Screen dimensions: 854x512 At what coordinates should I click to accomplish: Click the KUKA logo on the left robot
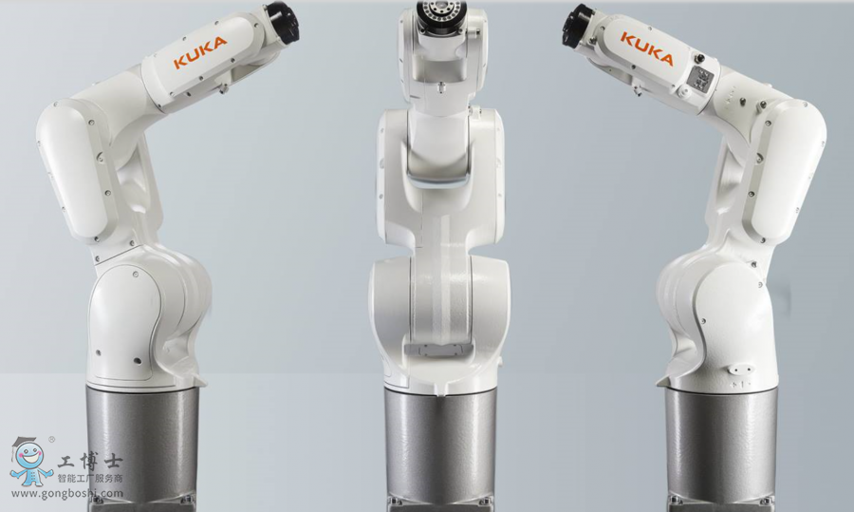point(200,52)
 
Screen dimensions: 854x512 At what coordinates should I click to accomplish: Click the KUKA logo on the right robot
point(647,48)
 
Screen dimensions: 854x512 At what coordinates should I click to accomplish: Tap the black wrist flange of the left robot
point(283,23)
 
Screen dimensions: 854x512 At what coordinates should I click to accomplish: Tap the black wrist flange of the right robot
point(577,25)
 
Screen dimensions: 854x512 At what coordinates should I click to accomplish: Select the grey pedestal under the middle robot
point(440,451)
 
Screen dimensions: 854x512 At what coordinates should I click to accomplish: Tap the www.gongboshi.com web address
point(67,494)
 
